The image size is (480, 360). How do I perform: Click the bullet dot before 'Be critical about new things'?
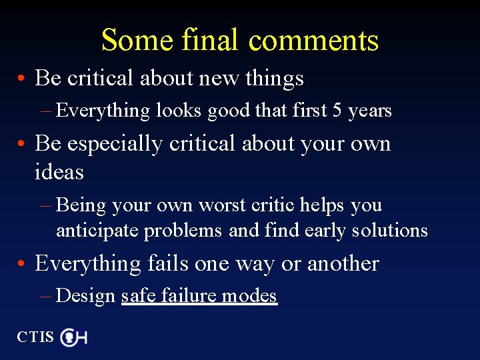point(23,79)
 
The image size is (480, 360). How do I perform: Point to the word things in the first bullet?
point(274,79)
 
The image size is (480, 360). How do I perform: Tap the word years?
point(369,111)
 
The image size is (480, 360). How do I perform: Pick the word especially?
point(111,144)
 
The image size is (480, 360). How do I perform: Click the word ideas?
point(59,172)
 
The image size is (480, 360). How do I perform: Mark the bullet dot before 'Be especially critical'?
point(23,145)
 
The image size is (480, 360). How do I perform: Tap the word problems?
point(183,231)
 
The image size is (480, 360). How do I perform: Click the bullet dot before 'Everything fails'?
point(23,265)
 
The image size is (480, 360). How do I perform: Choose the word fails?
point(168,263)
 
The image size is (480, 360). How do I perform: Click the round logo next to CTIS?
point(69,337)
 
